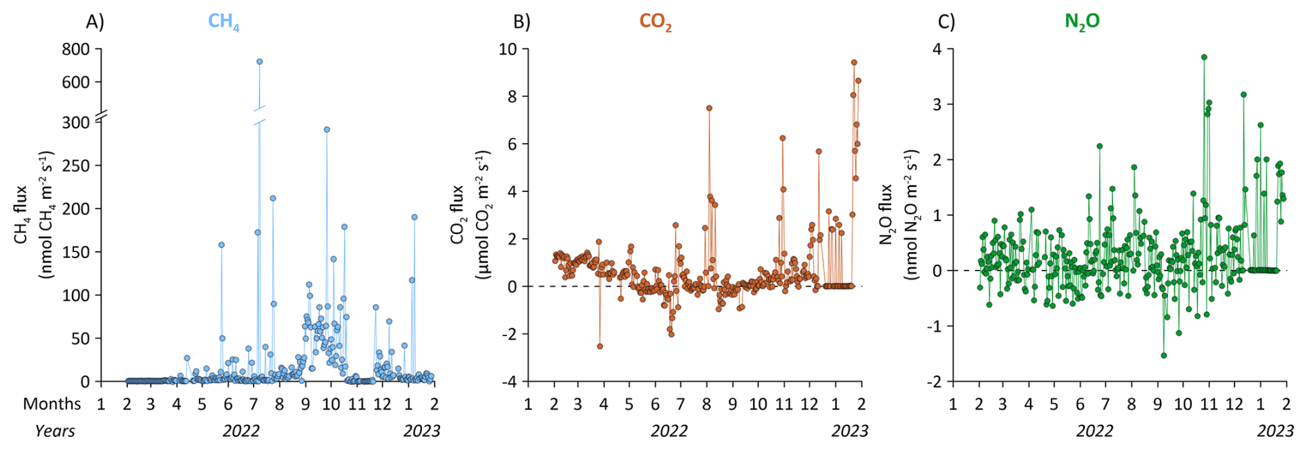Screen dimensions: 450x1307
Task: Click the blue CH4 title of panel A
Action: (223, 22)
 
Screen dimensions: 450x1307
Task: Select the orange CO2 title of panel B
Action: (655, 22)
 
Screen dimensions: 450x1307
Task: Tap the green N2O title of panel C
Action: (1082, 22)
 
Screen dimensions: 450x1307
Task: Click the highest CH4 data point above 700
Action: (260, 61)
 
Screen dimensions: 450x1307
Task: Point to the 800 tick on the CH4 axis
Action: (76, 49)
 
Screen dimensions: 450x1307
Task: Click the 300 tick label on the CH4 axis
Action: (76, 122)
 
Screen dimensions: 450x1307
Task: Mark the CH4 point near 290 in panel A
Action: (327, 129)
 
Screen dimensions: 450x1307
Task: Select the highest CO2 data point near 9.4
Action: (854, 62)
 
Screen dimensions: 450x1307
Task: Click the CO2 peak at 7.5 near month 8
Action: (709, 108)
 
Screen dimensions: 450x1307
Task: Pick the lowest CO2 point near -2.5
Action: (600, 346)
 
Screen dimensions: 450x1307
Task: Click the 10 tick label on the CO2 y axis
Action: (508, 49)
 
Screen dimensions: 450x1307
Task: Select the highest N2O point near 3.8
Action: (1204, 57)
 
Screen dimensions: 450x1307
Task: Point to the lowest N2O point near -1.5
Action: (1164, 355)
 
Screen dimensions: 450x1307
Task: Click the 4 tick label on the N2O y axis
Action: (937, 49)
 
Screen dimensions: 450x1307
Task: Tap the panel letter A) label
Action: (95, 22)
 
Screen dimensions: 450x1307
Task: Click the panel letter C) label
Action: (946, 22)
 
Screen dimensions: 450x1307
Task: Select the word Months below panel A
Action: (52, 404)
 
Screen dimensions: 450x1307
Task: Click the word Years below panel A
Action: (55, 431)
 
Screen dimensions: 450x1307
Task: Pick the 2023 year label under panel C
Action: (1275, 431)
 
